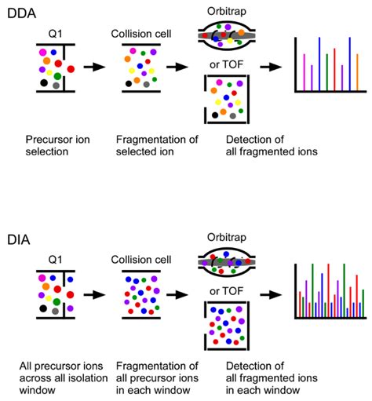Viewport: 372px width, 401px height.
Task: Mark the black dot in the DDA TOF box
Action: pos(215,115)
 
